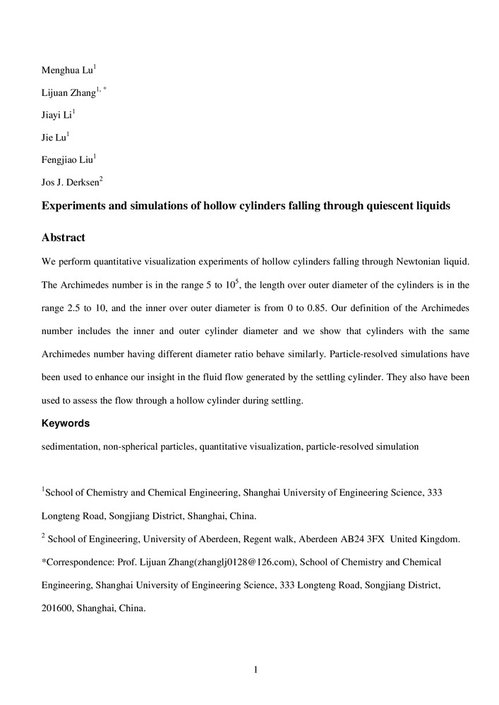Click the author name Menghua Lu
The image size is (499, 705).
tap(67, 70)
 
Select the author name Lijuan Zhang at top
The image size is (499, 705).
tap(71, 93)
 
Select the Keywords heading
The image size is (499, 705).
tap(65, 424)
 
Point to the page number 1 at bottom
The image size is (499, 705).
tap(255, 669)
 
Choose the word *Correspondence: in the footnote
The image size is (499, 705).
tap(77, 562)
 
